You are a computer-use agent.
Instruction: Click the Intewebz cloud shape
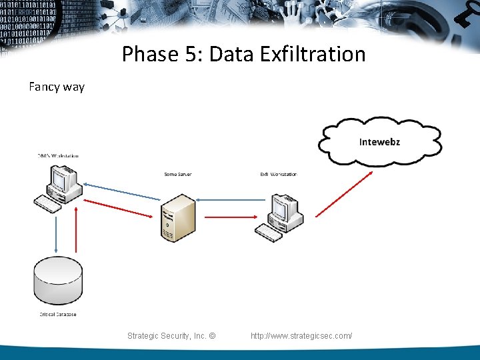379,141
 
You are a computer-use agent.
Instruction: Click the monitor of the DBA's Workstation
63,179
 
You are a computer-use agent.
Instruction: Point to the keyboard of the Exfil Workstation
269,232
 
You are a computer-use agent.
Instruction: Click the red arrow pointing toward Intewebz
344,193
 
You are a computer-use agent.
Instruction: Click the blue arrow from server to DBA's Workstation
123,192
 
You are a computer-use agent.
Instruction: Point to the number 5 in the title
195,54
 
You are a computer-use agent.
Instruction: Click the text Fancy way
57,87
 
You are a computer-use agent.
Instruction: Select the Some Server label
177,175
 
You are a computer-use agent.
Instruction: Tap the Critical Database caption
57,315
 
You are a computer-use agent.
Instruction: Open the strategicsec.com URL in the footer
301,336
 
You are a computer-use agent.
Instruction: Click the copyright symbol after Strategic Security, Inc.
211,336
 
